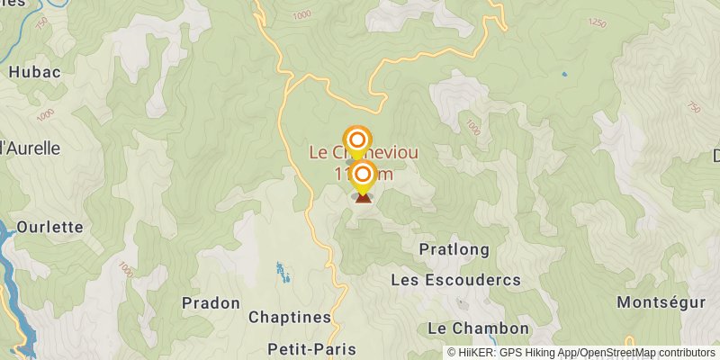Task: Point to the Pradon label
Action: pos(211,302)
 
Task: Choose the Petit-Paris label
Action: pos(311,349)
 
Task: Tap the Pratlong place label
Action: pos(454,249)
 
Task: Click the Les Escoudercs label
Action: pos(455,281)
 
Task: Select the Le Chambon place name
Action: pos(478,328)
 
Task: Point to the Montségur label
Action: pos(661,303)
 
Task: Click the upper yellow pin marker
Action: pos(357,140)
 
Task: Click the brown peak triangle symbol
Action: pos(363,197)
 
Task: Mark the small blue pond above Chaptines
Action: pos(280,269)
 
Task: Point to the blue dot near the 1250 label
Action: pos(564,74)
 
